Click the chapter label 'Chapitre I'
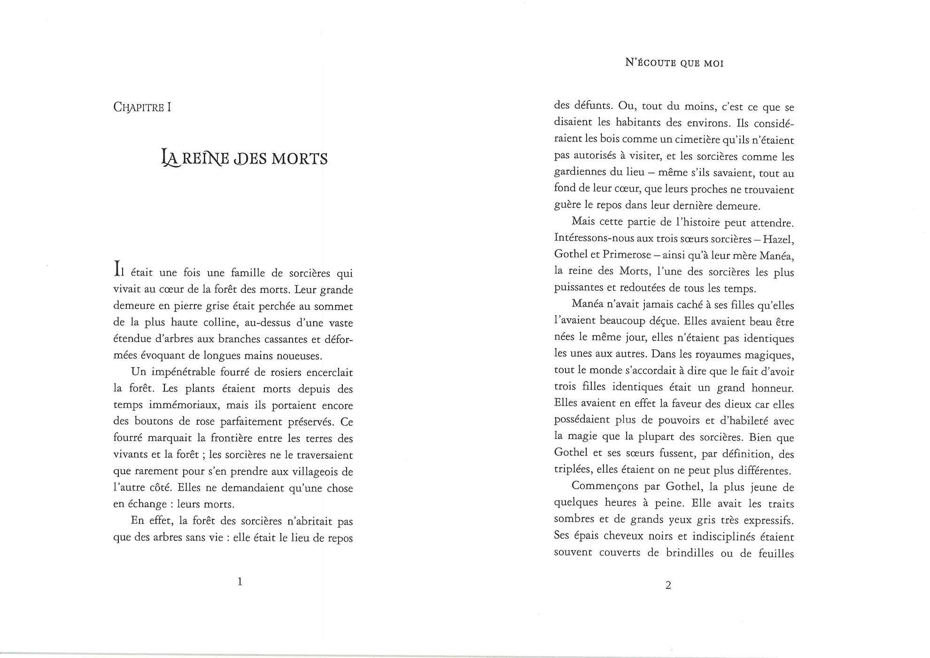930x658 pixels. [x=142, y=107]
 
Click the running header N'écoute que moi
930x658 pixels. [x=674, y=63]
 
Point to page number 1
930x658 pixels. [x=240, y=582]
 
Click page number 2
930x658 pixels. [x=668, y=585]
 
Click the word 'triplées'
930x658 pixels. [x=572, y=470]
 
